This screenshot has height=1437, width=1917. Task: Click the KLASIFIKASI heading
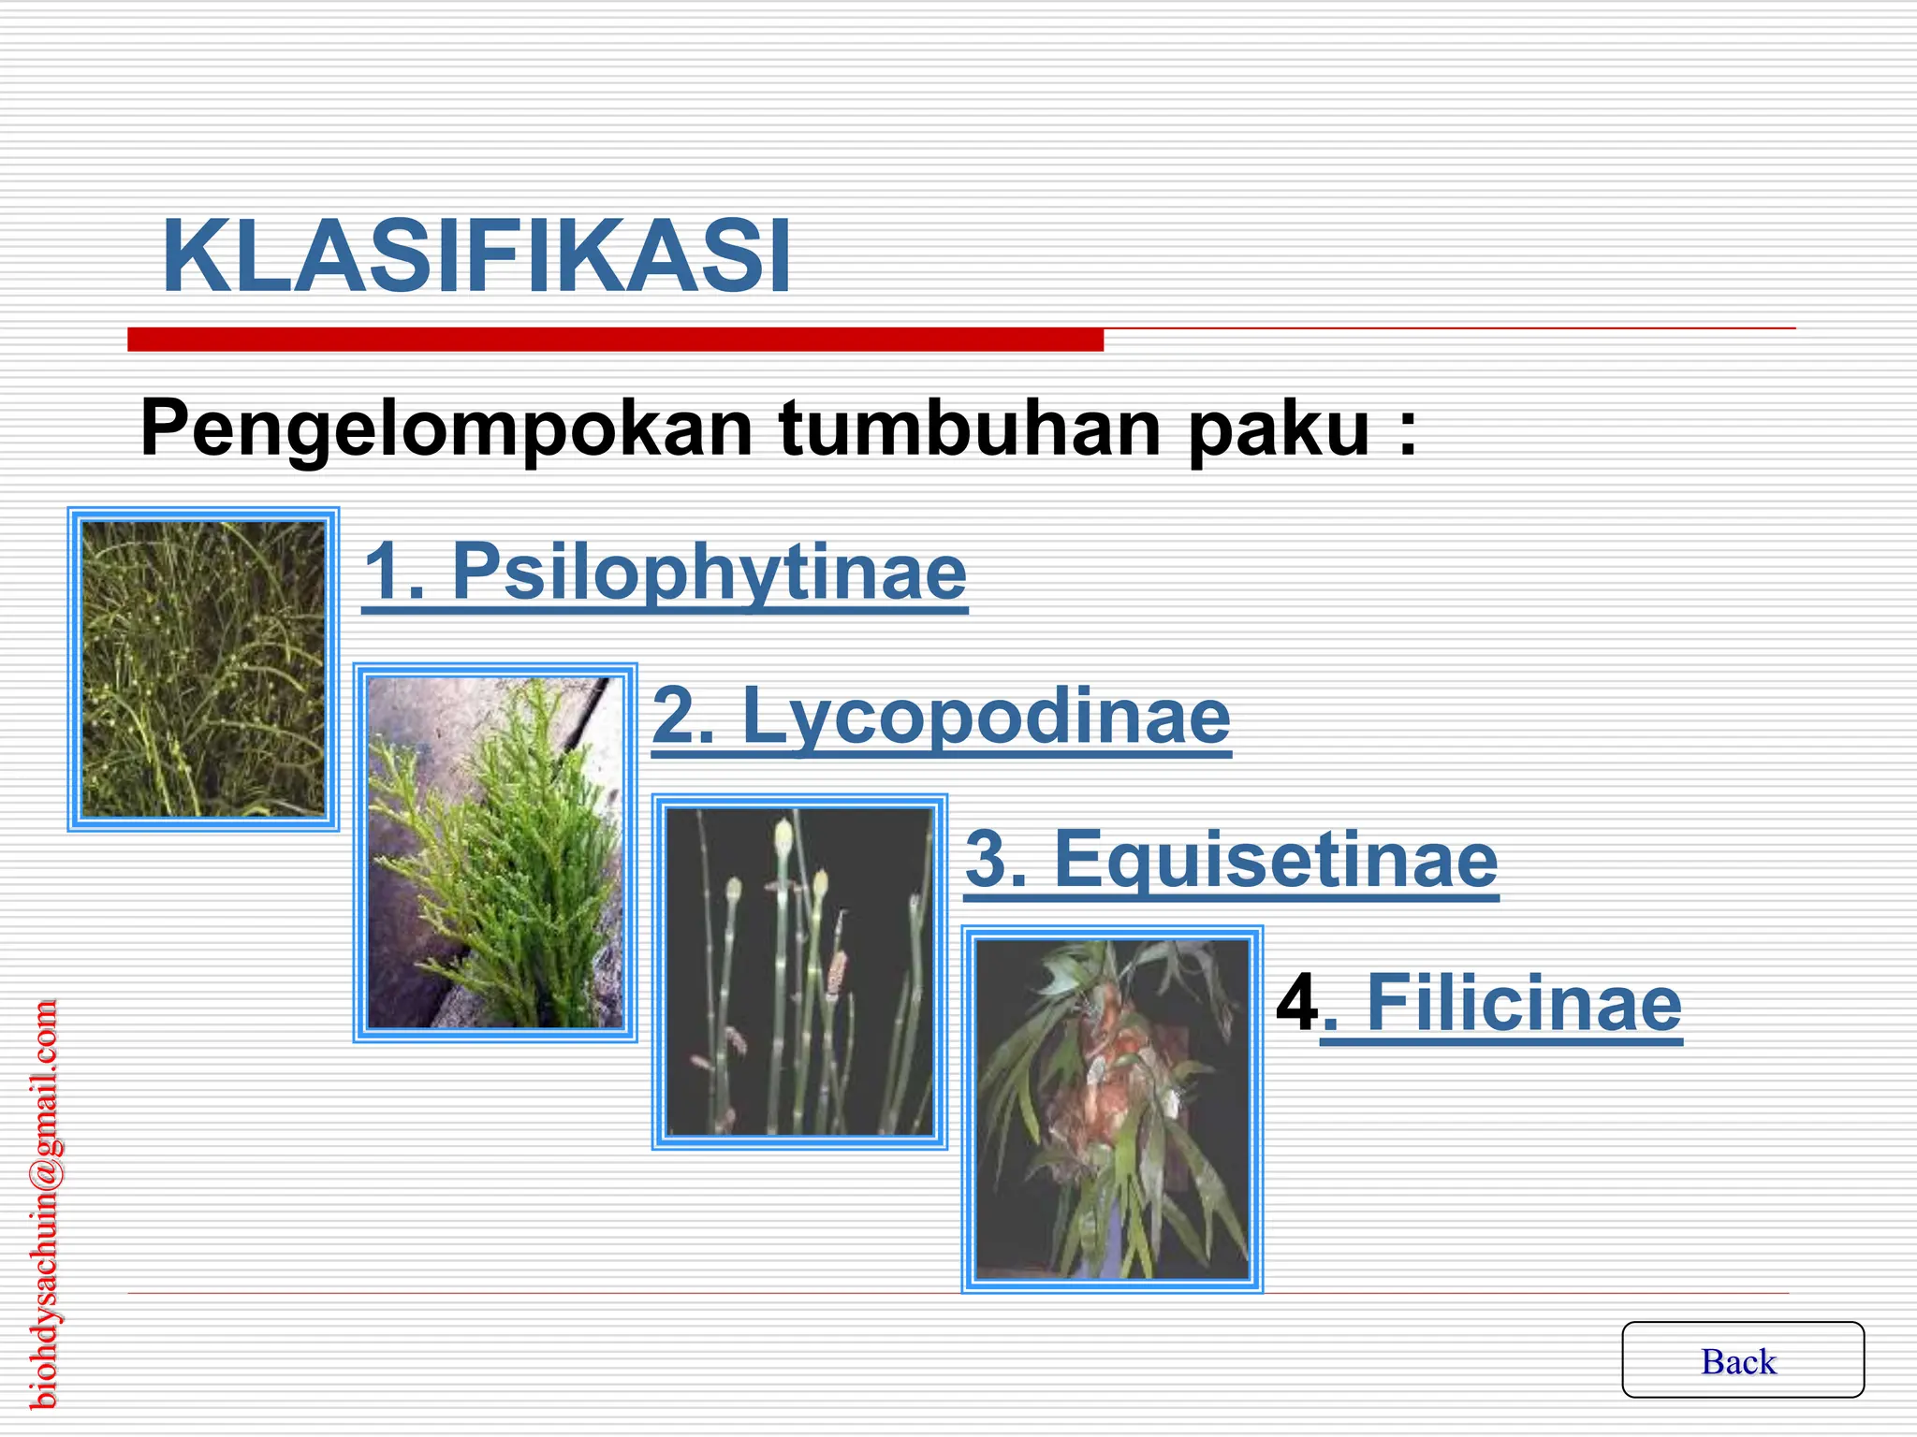click(x=476, y=256)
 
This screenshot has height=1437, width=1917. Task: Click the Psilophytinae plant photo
click(x=203, y=669)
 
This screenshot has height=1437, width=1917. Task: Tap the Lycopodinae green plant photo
click(x=495, y=852)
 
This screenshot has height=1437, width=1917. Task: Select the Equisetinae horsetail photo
click(x=799, y=971)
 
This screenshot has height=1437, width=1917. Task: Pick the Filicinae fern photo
click(x=1112, y=1109)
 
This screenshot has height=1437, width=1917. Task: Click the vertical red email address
click(x=44, y=1204)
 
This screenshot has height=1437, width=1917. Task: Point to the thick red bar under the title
click(x=615, y=340)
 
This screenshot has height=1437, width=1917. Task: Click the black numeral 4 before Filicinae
click(x=1297, y=1003)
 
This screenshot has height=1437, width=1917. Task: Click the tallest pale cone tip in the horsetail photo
click(x=783, y=835)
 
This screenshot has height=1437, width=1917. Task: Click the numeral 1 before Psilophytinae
click(x=384, y=572)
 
